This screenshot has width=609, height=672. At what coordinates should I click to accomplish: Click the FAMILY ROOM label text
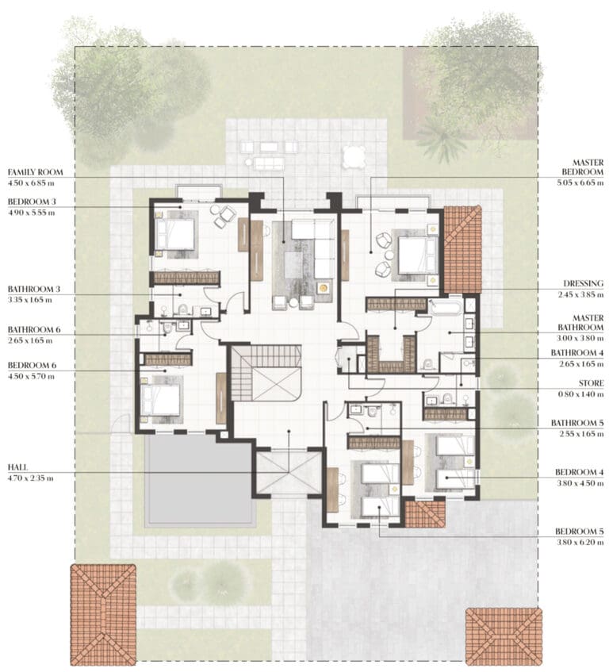pos(35,172)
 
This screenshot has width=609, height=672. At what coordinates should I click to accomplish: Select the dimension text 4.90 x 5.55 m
pos(31,213)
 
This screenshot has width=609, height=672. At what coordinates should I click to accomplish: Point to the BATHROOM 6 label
pos(34,329)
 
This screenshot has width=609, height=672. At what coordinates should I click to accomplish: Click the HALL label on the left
pos(17,467)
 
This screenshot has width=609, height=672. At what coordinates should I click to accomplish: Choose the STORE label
pos(591,383)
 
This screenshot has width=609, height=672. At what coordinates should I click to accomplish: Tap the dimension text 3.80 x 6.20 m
pos(580,542)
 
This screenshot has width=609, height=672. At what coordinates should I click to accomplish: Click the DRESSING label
pos(583,283)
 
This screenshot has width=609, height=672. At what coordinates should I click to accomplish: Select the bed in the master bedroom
pos(417,255)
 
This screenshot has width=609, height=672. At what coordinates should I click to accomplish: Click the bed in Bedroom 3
pos(175,234)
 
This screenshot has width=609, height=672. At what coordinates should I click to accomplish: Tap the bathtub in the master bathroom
pos(446,307)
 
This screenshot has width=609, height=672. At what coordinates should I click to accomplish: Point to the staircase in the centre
pos(266,373)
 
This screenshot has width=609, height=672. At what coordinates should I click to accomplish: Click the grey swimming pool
pos(200,480)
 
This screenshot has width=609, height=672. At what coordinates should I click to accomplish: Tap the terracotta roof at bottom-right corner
pos(504,636)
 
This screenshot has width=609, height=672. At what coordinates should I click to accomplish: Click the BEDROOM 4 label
pos(580,472)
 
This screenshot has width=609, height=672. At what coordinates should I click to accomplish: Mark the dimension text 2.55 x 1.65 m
pos(580,434)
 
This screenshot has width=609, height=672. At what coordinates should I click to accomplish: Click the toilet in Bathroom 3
pos(183,309)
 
